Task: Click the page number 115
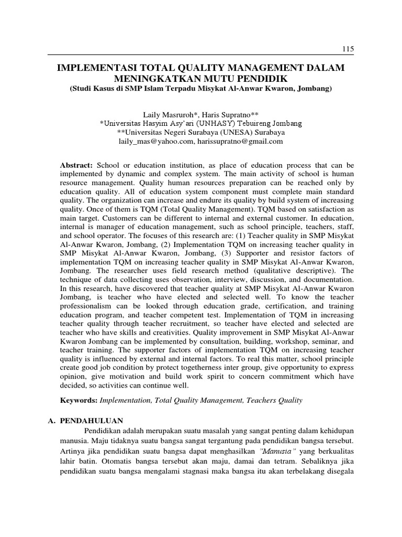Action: coord(348,49)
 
